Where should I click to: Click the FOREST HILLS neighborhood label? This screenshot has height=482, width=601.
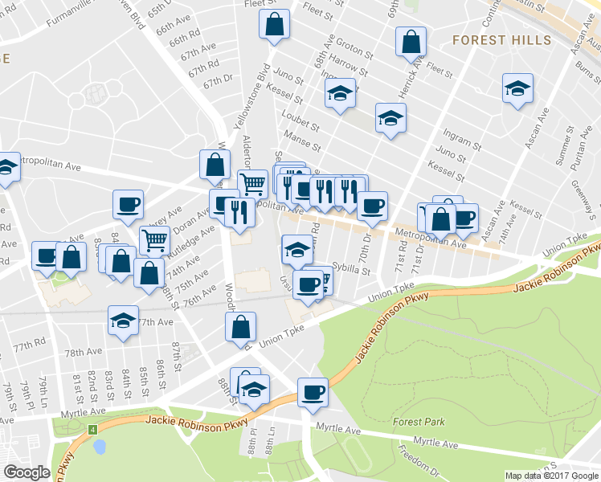(501, 39)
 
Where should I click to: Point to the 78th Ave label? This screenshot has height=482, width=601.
(84, 352)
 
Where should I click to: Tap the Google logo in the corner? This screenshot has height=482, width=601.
(27, 472)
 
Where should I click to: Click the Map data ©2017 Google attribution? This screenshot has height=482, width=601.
(551, 476)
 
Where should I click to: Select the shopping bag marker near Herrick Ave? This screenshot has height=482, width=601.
(411, 43)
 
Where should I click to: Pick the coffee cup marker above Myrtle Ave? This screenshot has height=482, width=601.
(313, 392)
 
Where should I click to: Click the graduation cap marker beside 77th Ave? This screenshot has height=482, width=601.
(123, 320)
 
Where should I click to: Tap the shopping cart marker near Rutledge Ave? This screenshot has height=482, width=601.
(154, 239)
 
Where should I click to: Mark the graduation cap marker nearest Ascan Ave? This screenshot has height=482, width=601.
(517, 89)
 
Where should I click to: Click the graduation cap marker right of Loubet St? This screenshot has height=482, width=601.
(390, 119)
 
